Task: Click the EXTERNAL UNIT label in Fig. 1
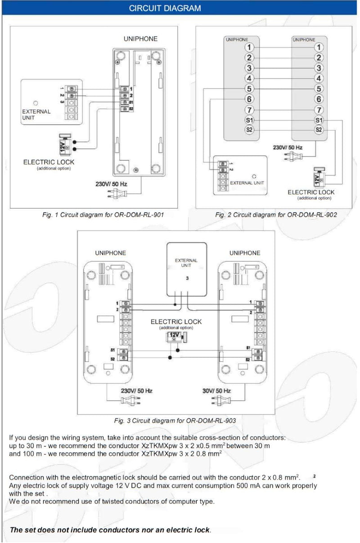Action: pos(36,114)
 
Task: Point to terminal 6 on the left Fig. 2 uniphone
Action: pos(250,99)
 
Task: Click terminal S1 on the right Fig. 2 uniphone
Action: pos(319,120)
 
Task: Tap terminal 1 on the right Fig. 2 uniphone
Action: pos(319,47)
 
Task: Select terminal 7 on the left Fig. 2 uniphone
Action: pos(250,110)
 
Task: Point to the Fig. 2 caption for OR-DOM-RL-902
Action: pos(276,215)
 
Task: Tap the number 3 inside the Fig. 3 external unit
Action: pos(187,278)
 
